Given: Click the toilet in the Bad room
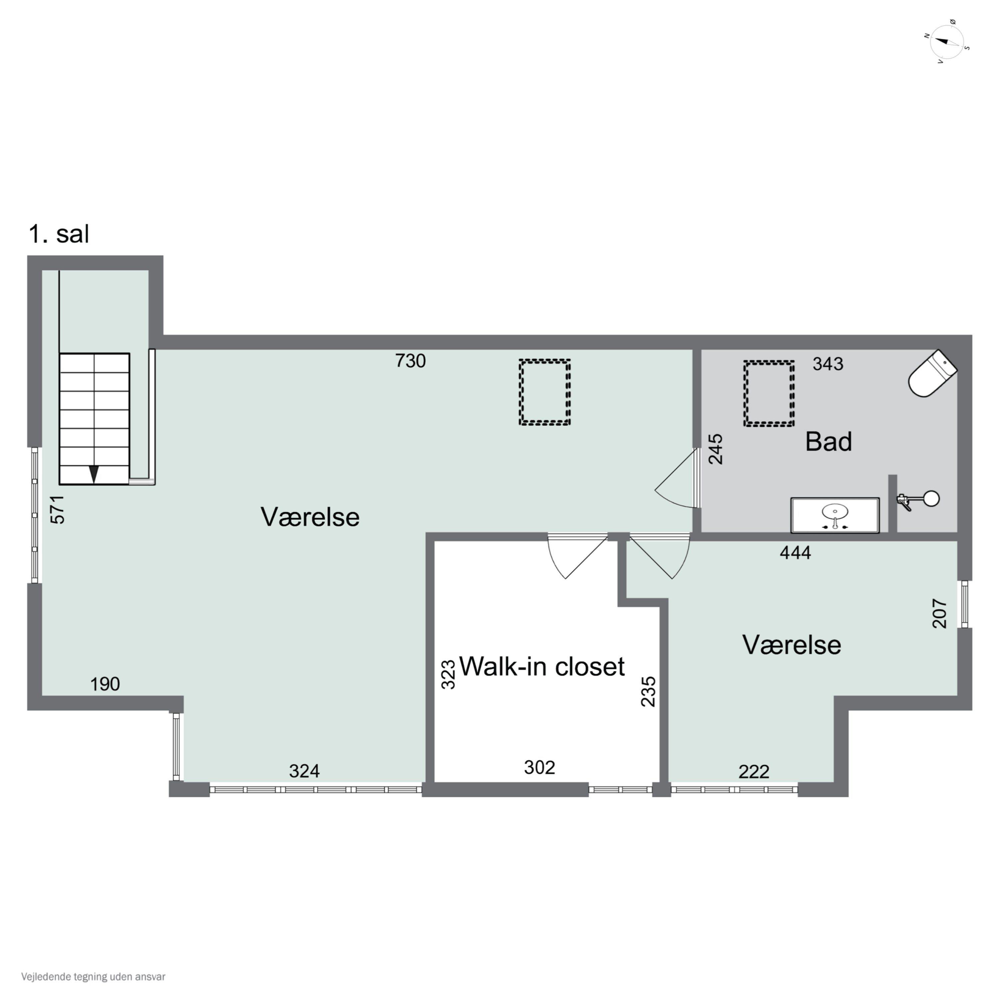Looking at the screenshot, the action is [x=932, y=374].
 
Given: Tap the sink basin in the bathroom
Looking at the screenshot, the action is [x=834, y=515].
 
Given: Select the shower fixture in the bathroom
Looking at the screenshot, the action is [x=918, y=500].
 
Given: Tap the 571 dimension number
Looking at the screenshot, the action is [x=57, y=510].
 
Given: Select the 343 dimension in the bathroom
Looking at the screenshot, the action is [x=828, y=364].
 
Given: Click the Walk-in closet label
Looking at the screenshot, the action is [x=542, y=667].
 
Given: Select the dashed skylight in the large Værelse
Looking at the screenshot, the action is [x=544, y=392].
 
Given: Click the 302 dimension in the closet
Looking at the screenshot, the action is [x=539, y=767].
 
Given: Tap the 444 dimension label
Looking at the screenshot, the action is [x=795, y=553].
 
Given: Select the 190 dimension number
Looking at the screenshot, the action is [x=105, y=684].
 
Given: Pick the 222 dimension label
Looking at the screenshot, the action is [x=754, y=772].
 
